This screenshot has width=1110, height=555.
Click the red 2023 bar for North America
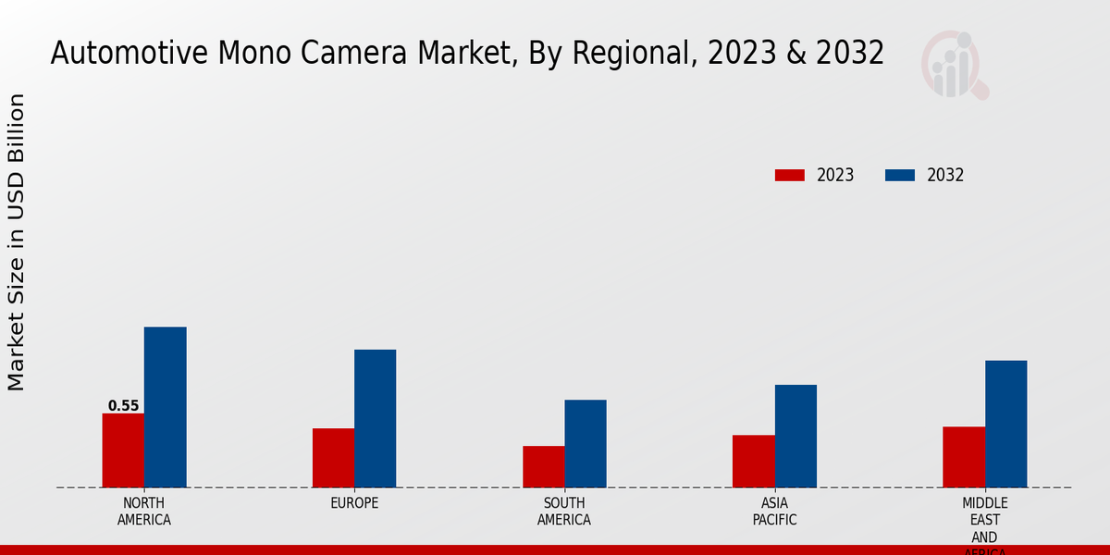pyautogui.click(x=123, y=450)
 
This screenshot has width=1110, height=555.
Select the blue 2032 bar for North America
pyautogui.click(x=165, y=407)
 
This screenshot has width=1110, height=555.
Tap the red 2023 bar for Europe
pyautogui.click(x=333, y=458)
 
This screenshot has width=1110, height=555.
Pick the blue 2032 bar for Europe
pyautogui.click(x=375, y=418)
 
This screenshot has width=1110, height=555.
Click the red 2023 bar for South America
pyautogui.click(x=543, y=466)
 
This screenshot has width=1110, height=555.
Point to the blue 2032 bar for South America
pyautogui.click(x=586, y=443)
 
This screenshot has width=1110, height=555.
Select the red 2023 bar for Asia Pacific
pyautogui.click(x=753, y=461)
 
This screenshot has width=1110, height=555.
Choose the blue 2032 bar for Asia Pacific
pyautogui.click(x=795, y=436)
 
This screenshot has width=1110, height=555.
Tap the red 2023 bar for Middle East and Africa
pyautogui.click(x=964, y=457)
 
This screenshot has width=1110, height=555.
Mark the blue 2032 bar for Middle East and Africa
pyautogui.click(x=1005, y=424)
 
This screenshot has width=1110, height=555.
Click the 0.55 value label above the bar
pyautogui.click(x=123, y=405)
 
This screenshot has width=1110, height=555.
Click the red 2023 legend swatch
pyautogui.click(x=789, y=175)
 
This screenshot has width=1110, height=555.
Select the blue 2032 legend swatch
pyautogui.click(x=900, y=175)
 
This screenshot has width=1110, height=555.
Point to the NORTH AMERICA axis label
pyautogui.click(x=144, y=512)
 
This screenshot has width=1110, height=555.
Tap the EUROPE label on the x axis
pyautogui.click(x=354, y=503)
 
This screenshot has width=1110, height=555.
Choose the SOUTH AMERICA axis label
pyautogui.click(x=564, y=512)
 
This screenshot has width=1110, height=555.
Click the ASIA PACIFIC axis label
pyautogui.click(x=774, y=512)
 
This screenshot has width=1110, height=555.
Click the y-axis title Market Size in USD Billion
pyautogui.click(x=17, y=242)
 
